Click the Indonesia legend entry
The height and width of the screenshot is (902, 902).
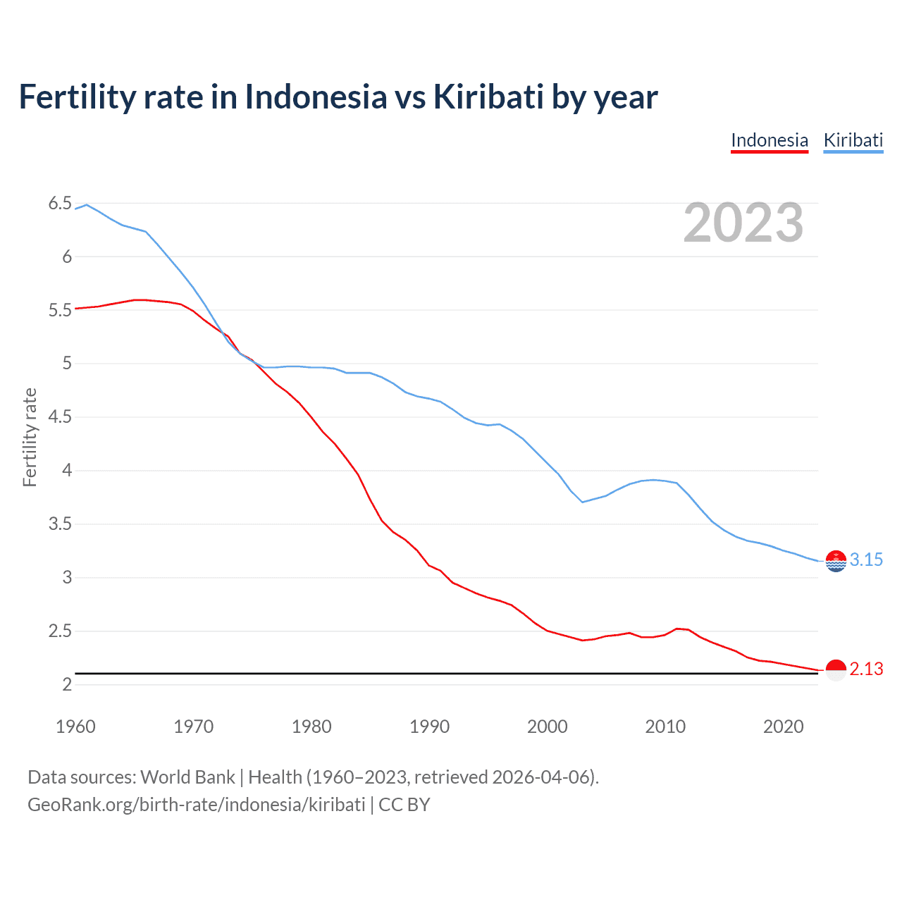coord(769,140)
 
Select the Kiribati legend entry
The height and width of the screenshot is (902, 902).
coord(853,140)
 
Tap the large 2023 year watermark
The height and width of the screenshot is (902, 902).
coord(743,223)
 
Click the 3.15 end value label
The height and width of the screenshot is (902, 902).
coord(866,560)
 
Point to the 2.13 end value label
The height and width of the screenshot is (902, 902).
coord(866,669)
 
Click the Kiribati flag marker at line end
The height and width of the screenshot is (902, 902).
coord(836,561)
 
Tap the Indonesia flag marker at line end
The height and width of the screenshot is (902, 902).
coord(836,670)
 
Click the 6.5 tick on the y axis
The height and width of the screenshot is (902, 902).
coord(60,204)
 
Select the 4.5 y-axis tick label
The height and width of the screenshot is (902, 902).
coord(60,417)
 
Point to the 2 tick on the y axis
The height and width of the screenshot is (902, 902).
coord(67,685)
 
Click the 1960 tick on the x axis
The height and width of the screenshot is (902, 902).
coord(75,727)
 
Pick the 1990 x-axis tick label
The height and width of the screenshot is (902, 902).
coord(429,727)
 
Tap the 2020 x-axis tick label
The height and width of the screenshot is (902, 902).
coord(783,727)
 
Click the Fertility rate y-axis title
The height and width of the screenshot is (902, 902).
coord(30,437)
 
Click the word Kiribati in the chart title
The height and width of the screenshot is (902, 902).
coord(488,97)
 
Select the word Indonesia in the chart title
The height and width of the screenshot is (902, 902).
coord(316,97)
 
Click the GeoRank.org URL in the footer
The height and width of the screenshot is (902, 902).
coord(196,805)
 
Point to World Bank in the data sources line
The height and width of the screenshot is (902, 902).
coord(187,777)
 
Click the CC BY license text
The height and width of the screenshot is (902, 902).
coord(404,805)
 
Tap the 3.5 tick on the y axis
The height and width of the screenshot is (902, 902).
coord(60,524)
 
